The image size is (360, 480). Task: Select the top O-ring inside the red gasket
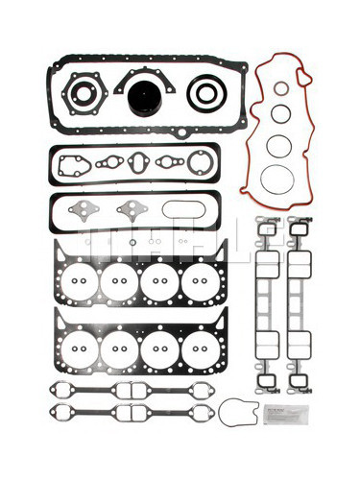click(279, 89)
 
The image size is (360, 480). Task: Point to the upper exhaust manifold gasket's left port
click(70, 391)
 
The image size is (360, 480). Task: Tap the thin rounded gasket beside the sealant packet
click(236, 414)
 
